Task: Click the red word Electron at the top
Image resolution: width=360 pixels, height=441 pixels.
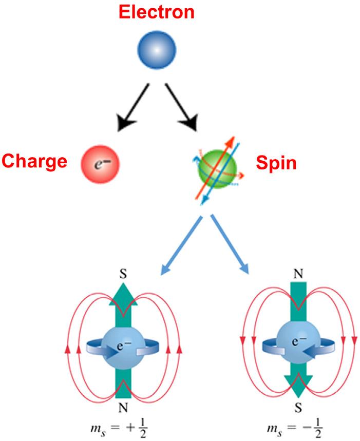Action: point(157,12)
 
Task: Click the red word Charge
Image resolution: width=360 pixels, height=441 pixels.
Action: point(34,161)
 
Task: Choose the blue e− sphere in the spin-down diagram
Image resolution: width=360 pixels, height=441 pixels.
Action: point(298,341)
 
